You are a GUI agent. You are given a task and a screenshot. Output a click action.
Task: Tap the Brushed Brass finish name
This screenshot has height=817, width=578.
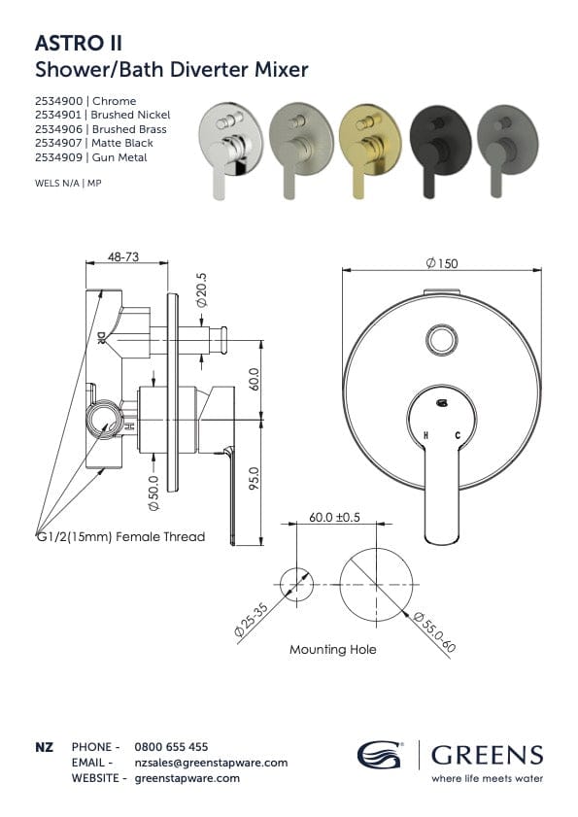pos(128,129)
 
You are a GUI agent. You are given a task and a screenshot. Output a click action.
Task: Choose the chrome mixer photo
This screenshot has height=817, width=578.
pos(226,150)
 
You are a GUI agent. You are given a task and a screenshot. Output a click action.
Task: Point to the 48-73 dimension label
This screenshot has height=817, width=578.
pos(121,257)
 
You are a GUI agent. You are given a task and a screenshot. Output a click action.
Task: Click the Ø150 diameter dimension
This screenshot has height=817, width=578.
pos(441,263)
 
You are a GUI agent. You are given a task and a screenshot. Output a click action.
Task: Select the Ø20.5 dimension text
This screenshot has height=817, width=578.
pos(201,289)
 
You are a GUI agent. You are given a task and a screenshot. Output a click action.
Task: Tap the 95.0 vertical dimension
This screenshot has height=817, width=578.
pos(254,479)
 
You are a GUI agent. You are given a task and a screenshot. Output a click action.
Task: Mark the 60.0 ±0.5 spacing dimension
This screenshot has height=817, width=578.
pos(335,518)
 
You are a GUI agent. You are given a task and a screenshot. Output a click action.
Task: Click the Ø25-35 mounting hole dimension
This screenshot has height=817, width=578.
pos(252,618)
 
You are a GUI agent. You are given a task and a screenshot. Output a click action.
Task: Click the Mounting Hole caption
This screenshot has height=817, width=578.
pos(333,649)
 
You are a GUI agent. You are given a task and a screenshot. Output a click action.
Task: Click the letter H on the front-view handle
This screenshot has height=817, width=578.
pos(425,436)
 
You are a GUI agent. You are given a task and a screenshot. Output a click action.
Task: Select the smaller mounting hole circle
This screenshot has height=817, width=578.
pos(296,584)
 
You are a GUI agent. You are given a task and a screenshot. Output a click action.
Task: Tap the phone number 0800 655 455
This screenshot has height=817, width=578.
pos(171,747)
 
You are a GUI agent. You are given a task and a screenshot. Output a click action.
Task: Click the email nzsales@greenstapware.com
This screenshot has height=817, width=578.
pos(211,763)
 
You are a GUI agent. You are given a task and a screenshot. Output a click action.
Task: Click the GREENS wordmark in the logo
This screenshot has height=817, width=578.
pos(487,755)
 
